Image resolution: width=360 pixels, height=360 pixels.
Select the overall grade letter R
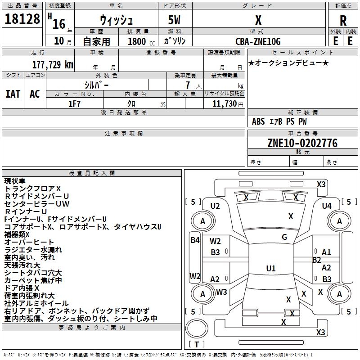click(343, 20)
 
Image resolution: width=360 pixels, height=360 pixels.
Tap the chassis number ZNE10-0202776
click(302, 143)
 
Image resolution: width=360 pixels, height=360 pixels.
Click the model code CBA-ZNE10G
click(258, 41)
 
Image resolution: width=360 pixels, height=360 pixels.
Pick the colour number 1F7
click(74, 103)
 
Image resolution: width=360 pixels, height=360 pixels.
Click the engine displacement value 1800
click(137, 42)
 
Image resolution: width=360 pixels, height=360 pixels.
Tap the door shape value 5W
click(175, 20)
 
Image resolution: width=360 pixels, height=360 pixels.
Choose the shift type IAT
click(13, 94)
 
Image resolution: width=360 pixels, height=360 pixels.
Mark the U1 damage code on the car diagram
click(271, 269)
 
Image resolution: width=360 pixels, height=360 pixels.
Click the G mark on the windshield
click(284, 237)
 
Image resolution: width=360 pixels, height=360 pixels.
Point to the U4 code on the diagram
click(327, 206)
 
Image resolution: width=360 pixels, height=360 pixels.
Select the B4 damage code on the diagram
click(195, 240)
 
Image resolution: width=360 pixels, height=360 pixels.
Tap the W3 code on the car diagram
click(221, 292)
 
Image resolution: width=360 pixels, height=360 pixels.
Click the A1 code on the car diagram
click(326, 252)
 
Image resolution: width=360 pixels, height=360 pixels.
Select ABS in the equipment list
click(258, 121)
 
